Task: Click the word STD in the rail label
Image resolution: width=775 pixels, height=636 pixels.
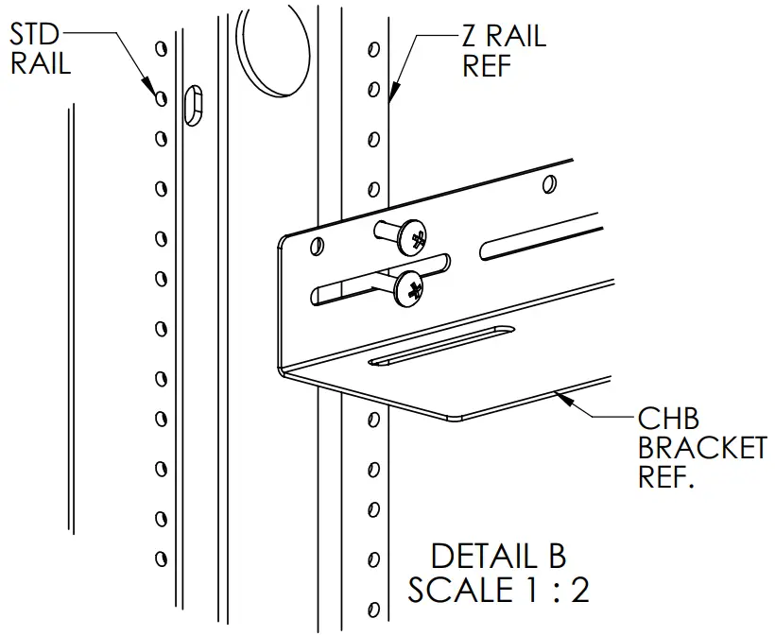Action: click(x=35, y=36)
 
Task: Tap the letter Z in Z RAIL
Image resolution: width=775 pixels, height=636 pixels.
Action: click(x=469, y=38)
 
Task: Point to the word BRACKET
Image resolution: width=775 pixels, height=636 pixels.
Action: click(x=701, y=447)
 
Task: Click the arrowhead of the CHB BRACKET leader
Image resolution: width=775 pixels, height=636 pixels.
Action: click(x=563, y=398)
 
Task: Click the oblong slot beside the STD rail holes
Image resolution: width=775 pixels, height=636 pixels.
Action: click(x=193, y=103)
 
